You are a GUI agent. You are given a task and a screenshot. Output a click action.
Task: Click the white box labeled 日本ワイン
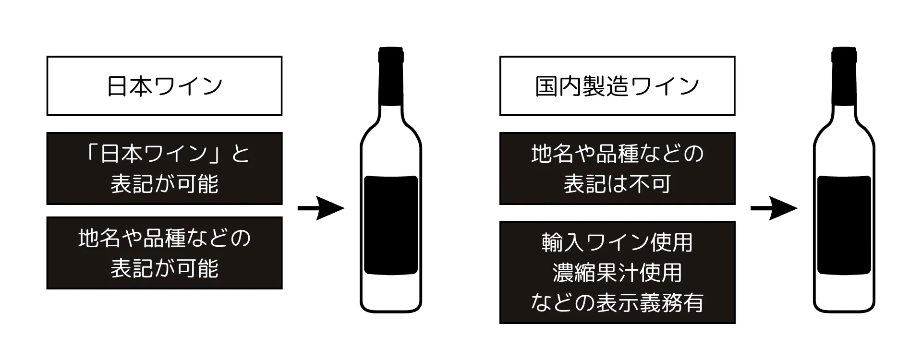(x=164, y=86)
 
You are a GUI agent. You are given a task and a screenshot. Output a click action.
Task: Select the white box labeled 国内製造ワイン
(x=617, y=86)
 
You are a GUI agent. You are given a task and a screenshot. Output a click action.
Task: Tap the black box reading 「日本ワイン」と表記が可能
(x=164, y=168)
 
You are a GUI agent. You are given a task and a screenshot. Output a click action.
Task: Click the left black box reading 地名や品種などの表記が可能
(x=164, y=253)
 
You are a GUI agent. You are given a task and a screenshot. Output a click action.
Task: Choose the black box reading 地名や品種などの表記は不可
(x=617, y=168)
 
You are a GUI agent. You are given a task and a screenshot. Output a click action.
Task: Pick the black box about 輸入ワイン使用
(x=617, y=272)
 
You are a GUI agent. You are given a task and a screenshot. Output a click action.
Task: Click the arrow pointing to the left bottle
(x=321, y=208)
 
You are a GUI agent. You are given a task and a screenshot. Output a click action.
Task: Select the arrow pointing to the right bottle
(x=774, y=208)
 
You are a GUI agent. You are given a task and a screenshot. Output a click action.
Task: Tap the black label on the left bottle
(x=391, y=225)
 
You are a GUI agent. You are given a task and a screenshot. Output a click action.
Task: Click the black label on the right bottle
(x=844, y=225)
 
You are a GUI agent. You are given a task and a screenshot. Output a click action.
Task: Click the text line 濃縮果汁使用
(x=617, y=273)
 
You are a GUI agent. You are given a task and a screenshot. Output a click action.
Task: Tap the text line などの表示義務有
(x=617, y=302)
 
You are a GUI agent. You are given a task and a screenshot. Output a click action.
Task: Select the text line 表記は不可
(x=617, y=183)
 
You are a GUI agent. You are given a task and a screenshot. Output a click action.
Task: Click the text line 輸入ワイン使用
(x=617, y=242)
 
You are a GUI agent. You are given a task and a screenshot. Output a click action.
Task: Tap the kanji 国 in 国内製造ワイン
(x=546, y=86)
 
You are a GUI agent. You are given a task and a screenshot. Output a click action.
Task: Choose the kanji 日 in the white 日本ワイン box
(x=117, y=86)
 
